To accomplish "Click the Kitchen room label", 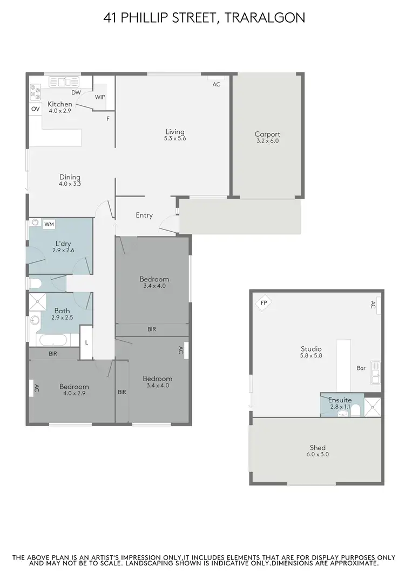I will [60, 104].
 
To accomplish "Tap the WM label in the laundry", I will [49, 224].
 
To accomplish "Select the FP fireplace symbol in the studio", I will [264, 303].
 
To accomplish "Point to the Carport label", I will [267, 134].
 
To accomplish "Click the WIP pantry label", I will [100, 97].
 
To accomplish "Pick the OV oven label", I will [35, 109].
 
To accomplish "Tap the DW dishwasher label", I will [76, 92].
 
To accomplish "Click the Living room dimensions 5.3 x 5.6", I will [175, 139].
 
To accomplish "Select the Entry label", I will [144, 215].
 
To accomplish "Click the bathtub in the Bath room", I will [53, 340].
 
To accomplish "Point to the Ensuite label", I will [340, 400].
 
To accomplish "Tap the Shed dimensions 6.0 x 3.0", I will [318, 455].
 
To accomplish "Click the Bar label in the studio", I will [361, 368].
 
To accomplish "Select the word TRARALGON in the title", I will [264, 18].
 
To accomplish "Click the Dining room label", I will [70, 177].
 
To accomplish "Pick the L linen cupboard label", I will [86, 342].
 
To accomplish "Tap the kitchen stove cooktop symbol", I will [36, 93].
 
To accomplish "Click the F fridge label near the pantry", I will [108, 118].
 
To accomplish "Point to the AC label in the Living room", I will [216, 85].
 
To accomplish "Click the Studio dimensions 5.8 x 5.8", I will [311, 355].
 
